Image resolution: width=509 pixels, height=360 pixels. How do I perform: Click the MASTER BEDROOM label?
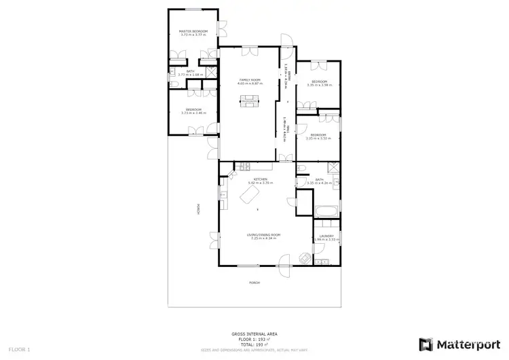pyautogui.click(x=193, y=31)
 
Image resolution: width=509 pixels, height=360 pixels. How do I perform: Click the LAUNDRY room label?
pyautogui.click(x=326, y=236)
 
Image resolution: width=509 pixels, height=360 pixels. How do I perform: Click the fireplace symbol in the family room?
pyautogui.click(x=249, y=103)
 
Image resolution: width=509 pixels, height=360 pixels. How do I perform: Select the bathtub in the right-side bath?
pyautogui.click(x=326, y=212)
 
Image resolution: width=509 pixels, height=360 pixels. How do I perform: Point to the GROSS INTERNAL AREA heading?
pyautogui.click(x=254, y=334)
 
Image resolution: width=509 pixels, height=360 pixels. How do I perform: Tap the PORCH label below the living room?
pyautogui.click(x=254, y=283)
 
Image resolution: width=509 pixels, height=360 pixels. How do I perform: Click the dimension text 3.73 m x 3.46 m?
pyautogui.click(x=193, y=113)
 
